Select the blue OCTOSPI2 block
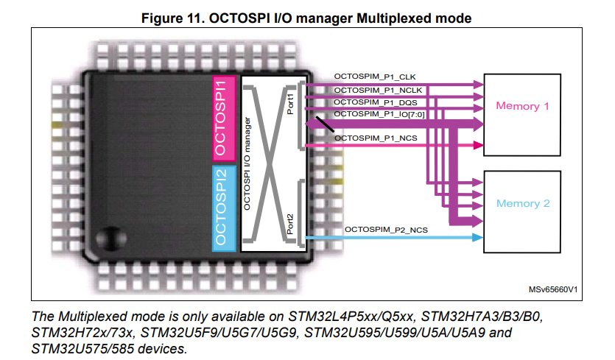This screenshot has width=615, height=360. coord(225,208)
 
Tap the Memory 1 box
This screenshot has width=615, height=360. coord(522,106)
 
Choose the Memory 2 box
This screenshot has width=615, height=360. coord(522,203)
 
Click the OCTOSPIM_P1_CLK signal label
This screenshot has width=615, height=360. coord(375,77)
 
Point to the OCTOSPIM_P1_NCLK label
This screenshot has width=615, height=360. coord(378,90)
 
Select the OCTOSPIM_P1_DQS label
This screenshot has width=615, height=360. coord(376,102)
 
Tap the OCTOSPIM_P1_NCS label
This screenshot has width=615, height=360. coord(376,138)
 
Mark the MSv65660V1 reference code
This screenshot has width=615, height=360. coord(552,291)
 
